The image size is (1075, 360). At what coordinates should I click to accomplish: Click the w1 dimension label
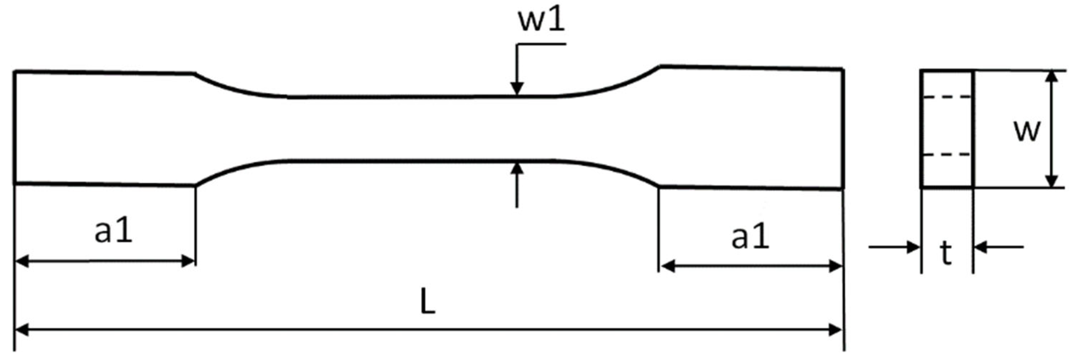coord(541,20)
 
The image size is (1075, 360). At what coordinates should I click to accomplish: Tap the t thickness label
coord(946,253)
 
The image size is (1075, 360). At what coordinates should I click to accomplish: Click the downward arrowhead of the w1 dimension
coord(517,89)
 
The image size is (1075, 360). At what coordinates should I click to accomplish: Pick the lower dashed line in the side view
coord(946,155)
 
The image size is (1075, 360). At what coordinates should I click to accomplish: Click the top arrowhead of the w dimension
coord(1052,77)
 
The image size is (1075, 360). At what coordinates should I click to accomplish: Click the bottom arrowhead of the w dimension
coord(1052,181)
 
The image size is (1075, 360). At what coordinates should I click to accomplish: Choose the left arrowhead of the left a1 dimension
coord(22,262)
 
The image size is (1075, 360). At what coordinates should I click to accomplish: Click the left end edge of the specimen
coord(15,128)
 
